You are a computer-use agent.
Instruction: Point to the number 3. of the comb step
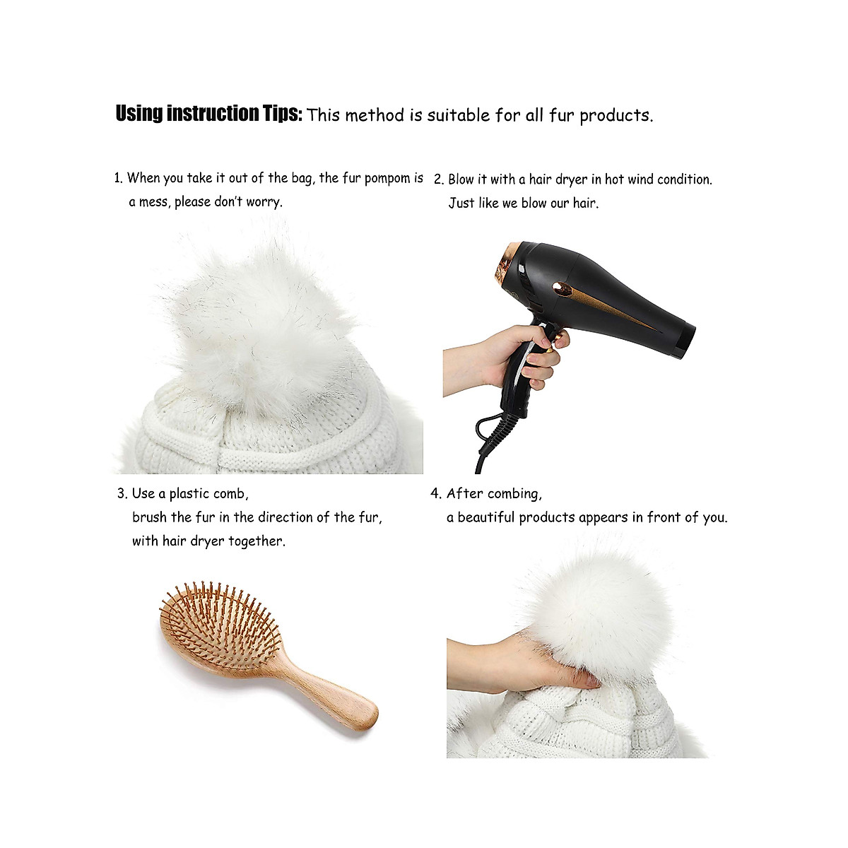122,494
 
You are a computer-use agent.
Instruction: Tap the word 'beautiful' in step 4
486,517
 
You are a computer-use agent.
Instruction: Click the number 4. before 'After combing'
436,494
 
